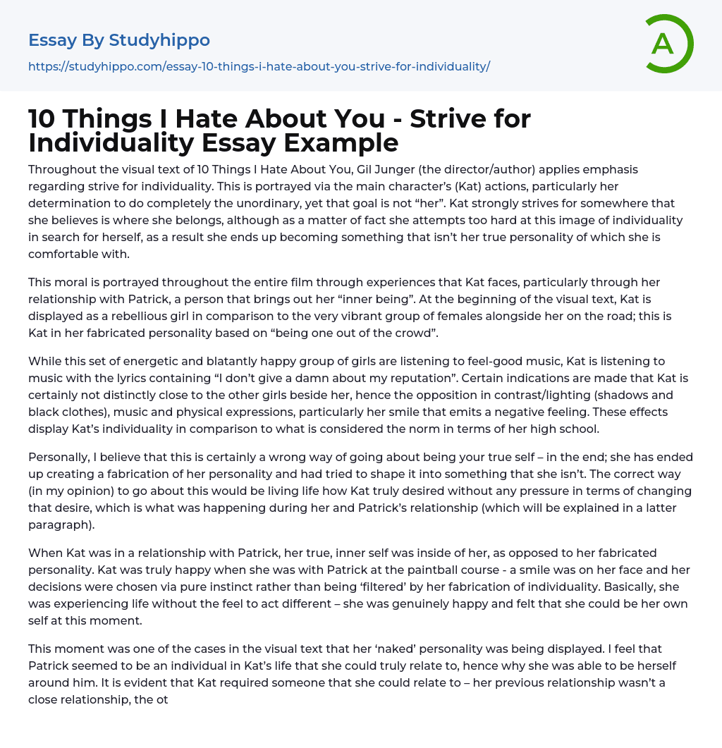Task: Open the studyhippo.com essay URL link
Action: [259, 66]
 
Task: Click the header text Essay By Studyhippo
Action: [119, 40]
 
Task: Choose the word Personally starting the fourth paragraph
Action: [59, 457]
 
